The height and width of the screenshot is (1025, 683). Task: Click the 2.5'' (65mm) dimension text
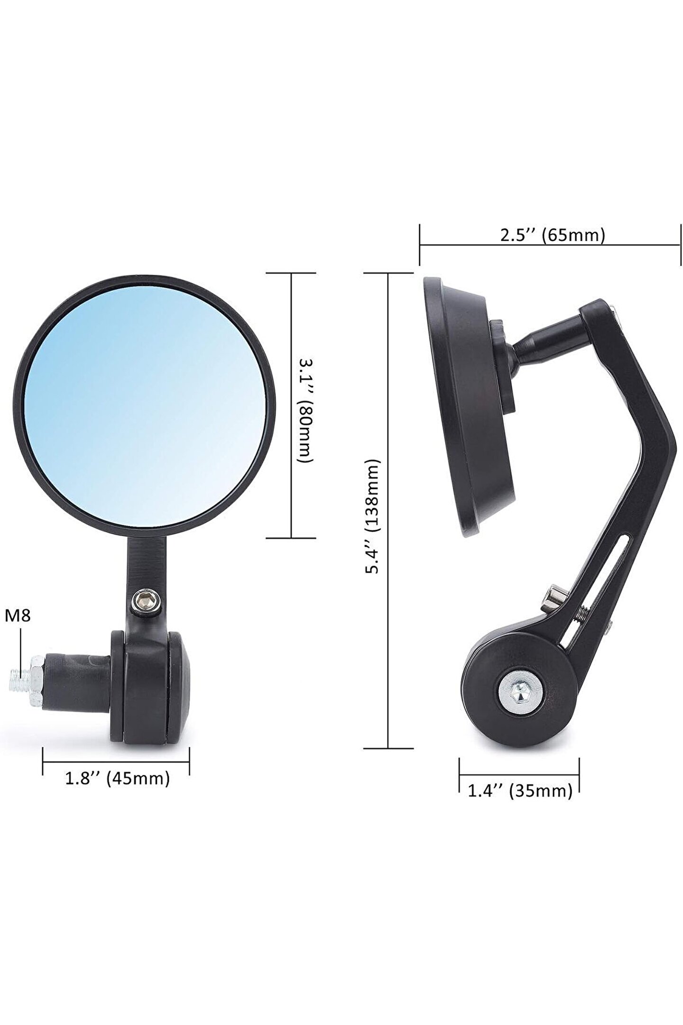(553, 235)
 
